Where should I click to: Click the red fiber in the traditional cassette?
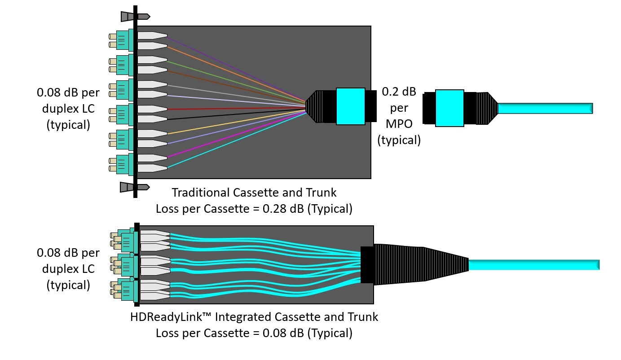233,108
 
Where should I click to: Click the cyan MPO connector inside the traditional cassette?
350,106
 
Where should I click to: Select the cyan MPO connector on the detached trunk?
449,108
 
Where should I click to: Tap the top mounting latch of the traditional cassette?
135,16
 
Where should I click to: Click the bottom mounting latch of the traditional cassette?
134,187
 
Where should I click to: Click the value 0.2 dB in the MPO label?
399,92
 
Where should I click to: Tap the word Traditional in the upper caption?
201,193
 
